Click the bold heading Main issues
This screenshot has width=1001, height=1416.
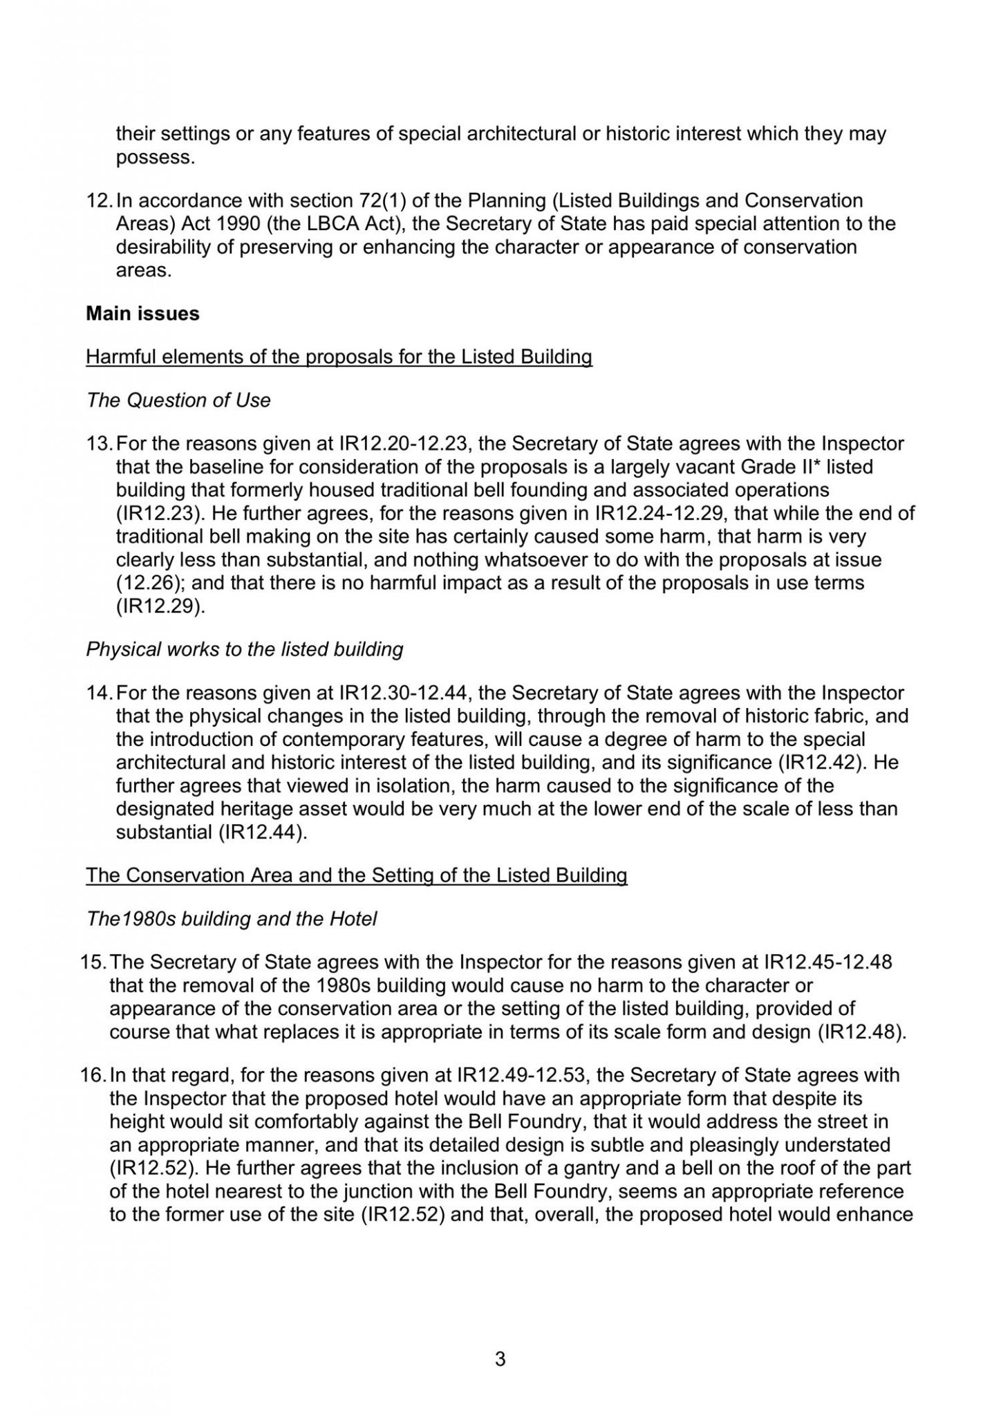coord(142,314)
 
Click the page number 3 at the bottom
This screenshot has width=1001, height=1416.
coord(501,1359)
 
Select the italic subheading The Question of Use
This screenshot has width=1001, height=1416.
coord(178,400)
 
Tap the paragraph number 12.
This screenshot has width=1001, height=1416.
coord(99,201)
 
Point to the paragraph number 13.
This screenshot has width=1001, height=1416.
coord(99,443)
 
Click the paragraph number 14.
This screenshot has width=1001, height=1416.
coord(99,693)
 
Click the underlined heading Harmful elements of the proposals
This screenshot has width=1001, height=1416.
coord(339,357)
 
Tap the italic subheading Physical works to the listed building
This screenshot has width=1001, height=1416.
coord(245,650)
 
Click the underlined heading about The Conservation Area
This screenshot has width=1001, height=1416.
coord(356,875)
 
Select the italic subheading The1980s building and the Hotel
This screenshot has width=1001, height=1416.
coord(232,919)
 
